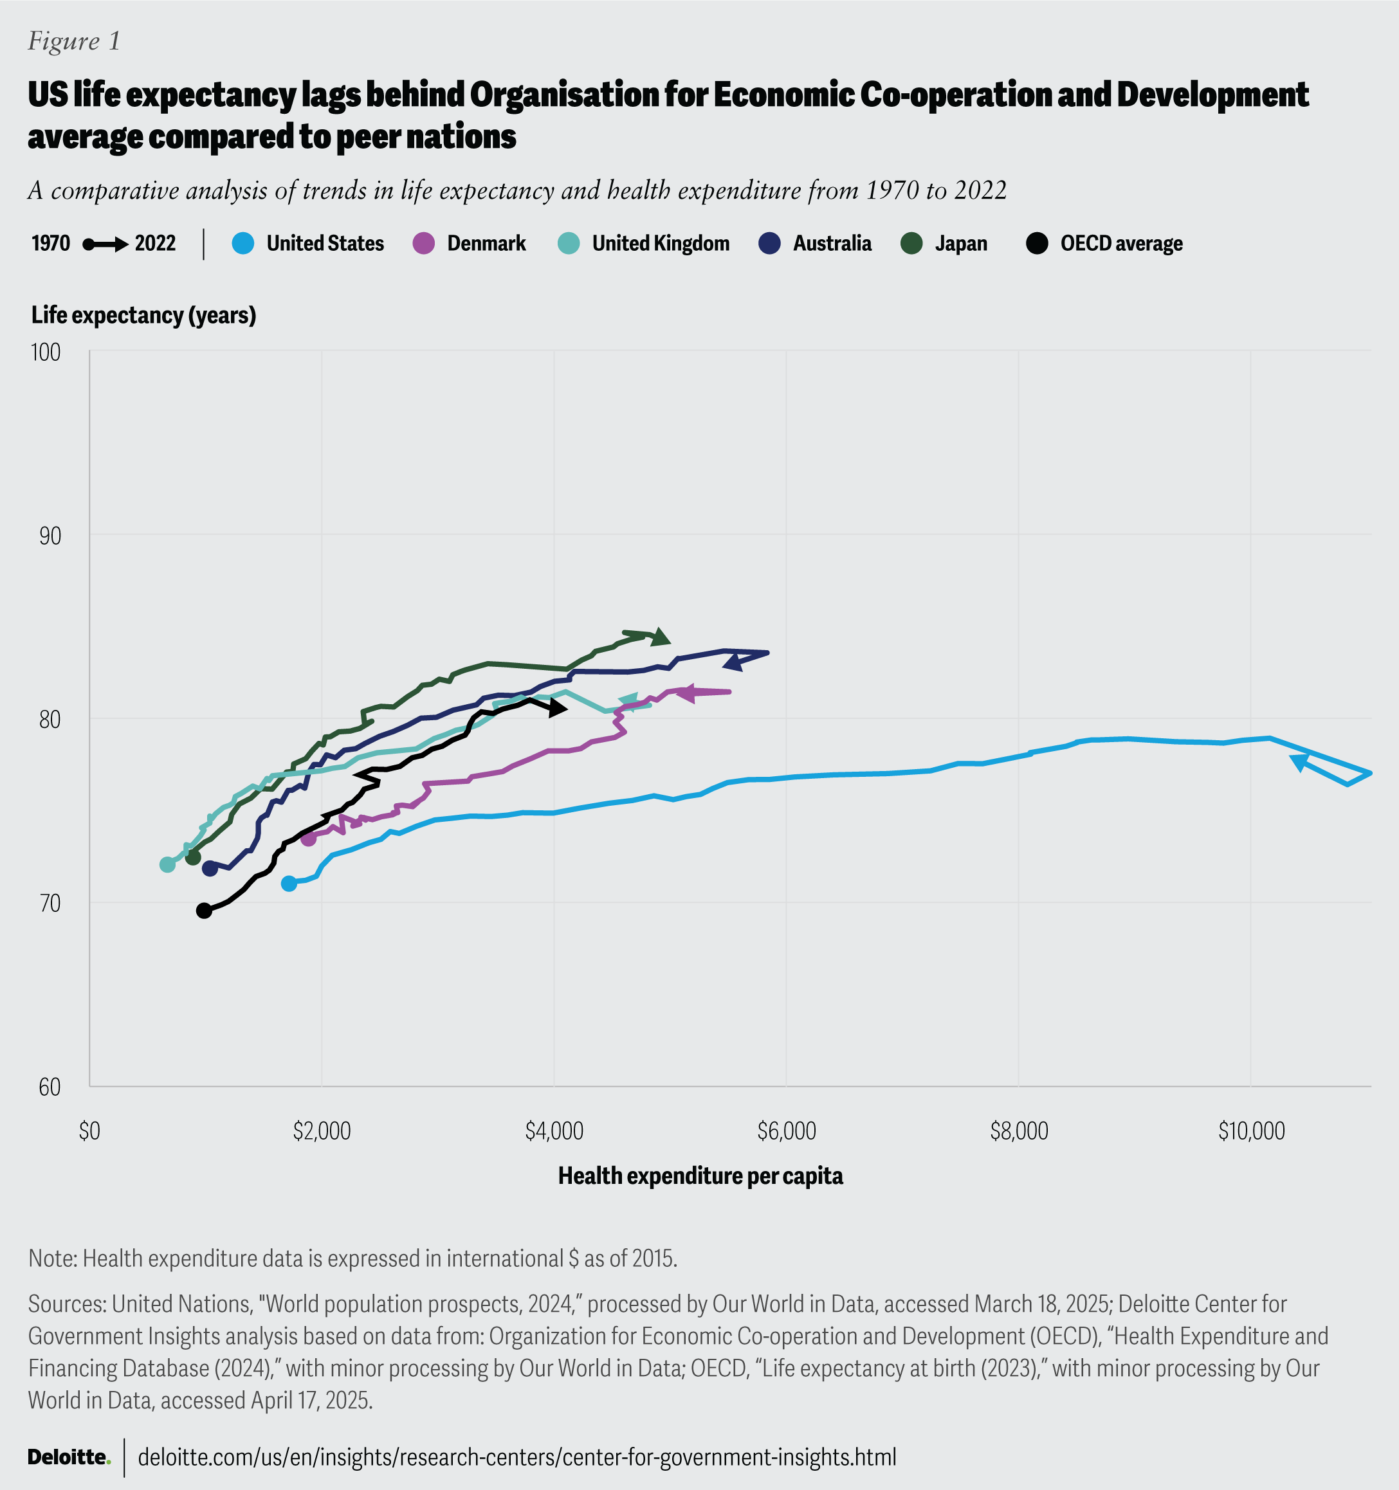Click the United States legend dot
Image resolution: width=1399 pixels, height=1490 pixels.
(x=244, y=244)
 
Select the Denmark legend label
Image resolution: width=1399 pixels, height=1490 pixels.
(x=486, y=244)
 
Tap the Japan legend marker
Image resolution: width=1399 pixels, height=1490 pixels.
(x=911, y=244)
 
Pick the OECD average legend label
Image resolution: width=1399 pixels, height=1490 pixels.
(x=1121, y=244)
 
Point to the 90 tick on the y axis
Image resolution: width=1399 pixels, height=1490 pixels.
(x=50, y=536)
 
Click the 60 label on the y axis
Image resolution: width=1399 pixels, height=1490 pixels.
(x=50, y=1087)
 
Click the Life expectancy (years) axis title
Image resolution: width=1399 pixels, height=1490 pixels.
(x=144, y=316)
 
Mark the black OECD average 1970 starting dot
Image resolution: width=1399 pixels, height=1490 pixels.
(x=204, y=911)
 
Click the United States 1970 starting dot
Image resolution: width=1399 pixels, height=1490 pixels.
(x=289, y=884)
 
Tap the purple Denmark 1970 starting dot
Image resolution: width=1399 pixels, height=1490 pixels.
(x=308, y=839)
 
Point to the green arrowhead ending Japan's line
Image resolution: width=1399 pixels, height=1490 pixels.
(x=660, y=637)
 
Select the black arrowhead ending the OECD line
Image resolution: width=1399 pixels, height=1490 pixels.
(x=557, y=707)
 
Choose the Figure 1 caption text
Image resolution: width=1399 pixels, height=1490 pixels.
(x=74, y=41)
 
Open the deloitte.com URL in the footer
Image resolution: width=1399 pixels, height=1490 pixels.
(x=517, y=1457)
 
